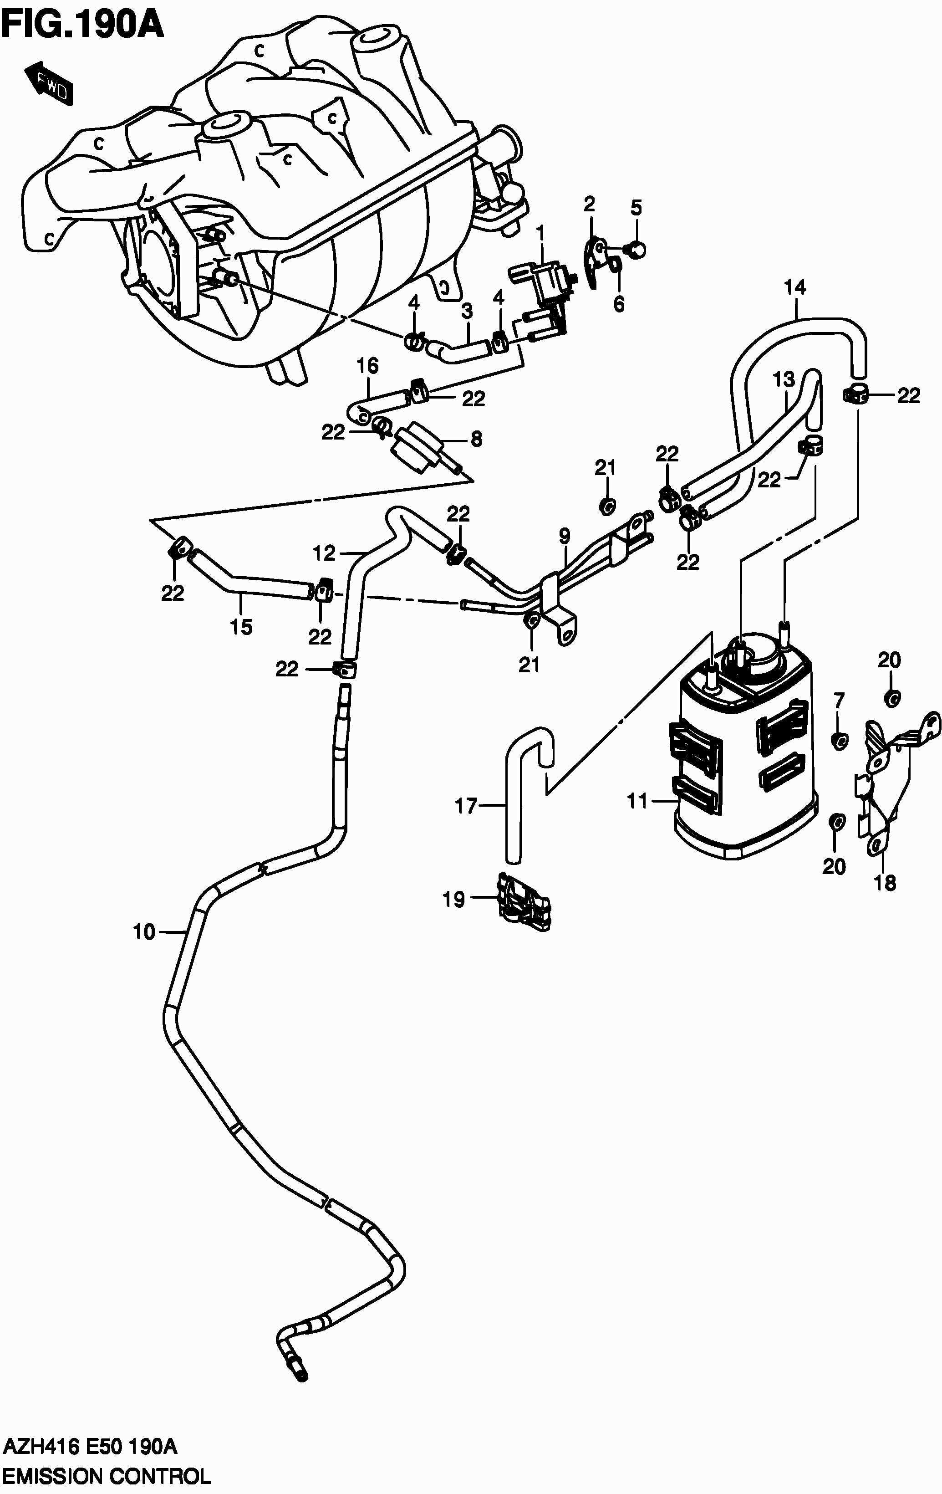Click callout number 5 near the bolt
[636, 207]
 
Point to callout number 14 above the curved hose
[794, 287]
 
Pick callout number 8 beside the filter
[476, 439]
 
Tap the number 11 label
[637, 801]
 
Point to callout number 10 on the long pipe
[144, 932]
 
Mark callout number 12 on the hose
[324, 552]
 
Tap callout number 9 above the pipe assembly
[564, 536]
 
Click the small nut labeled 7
[839, 740]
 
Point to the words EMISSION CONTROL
[106, 1475]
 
